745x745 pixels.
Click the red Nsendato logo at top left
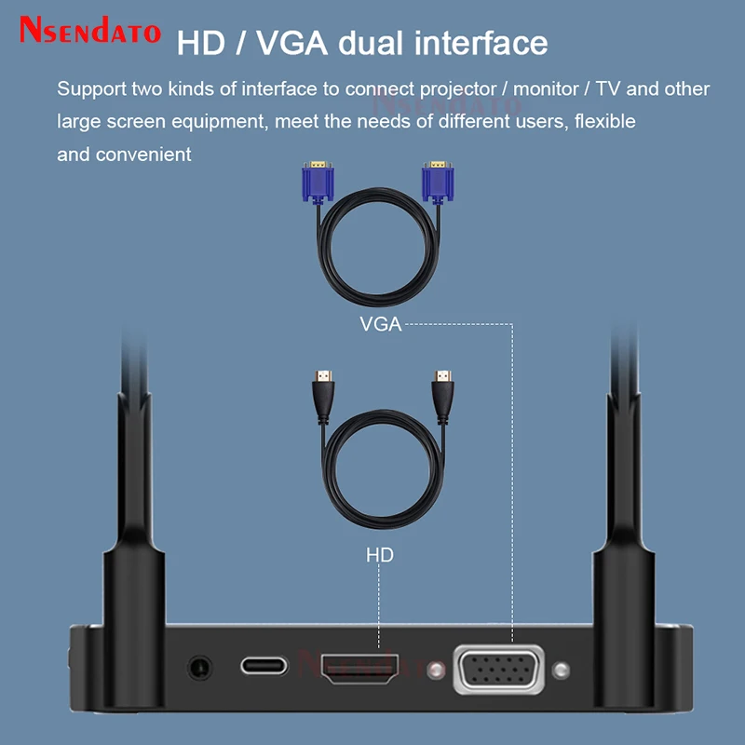(90, 32)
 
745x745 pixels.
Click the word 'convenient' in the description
(143, 154)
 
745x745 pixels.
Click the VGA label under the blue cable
(380, 325)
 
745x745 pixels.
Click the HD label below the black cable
(379, 555)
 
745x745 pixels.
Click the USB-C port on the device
(264, 666)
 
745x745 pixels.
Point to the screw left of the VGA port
(434, 670)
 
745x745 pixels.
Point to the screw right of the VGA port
(560, 670)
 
